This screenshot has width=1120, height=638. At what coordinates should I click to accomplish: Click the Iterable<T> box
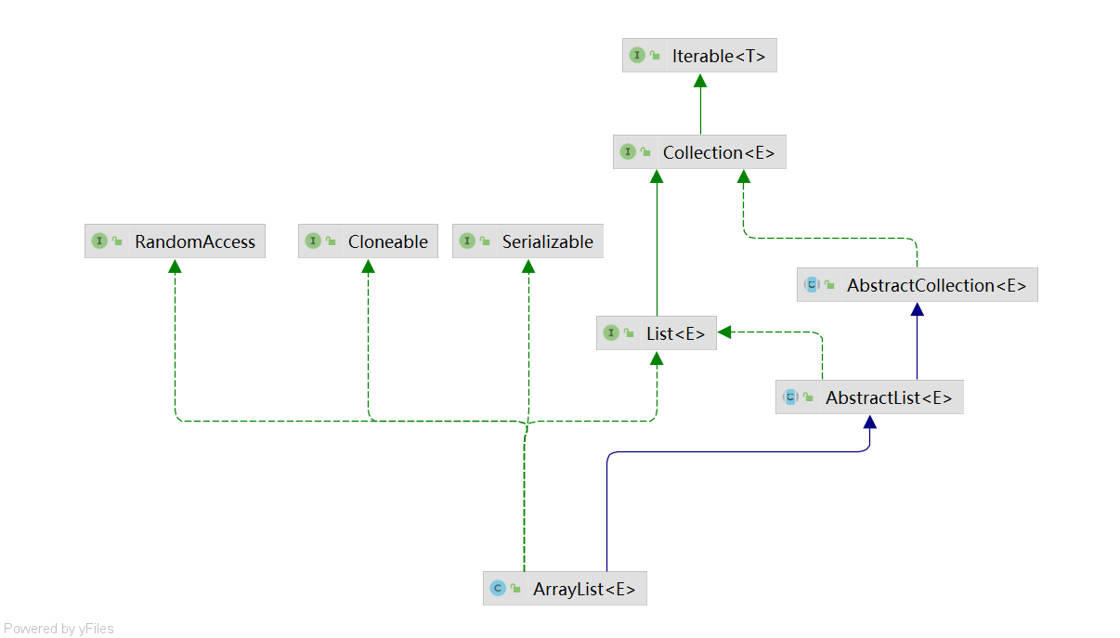click(699, 56)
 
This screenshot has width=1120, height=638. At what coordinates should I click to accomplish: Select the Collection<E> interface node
click(699, 152)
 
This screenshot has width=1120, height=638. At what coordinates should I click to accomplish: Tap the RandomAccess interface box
click(175, 241)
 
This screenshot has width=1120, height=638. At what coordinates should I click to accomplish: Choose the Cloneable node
click(368, 241)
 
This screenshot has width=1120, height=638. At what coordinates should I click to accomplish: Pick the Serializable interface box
click(527, 241)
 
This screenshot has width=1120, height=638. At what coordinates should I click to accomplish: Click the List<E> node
click(657, 333)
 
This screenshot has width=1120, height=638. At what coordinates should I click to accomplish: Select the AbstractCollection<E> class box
click(917, 285)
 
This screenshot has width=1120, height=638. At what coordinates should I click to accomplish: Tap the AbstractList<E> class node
click(869, 397)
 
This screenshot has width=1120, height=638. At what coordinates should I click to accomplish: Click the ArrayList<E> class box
click(565, 589)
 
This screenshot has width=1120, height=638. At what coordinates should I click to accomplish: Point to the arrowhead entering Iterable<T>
click(700, 80)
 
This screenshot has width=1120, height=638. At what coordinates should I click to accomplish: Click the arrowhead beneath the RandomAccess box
click(175, 267)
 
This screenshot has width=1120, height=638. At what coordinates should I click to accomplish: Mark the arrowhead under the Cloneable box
click(368, 267)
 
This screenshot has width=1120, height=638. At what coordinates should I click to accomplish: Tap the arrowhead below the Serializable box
click(527, 267)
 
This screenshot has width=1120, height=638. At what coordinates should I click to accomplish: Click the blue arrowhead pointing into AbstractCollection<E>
click(918, 309)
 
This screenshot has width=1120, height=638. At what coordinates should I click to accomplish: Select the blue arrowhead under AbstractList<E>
click(869, 422)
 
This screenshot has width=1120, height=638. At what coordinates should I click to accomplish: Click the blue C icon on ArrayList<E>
click(498, 589)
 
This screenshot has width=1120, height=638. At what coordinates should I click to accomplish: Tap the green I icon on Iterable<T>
click(637, 56)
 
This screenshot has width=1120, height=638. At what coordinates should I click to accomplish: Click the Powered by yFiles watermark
click(59, 629)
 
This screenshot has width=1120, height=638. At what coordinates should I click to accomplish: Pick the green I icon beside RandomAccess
click(99, 241)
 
